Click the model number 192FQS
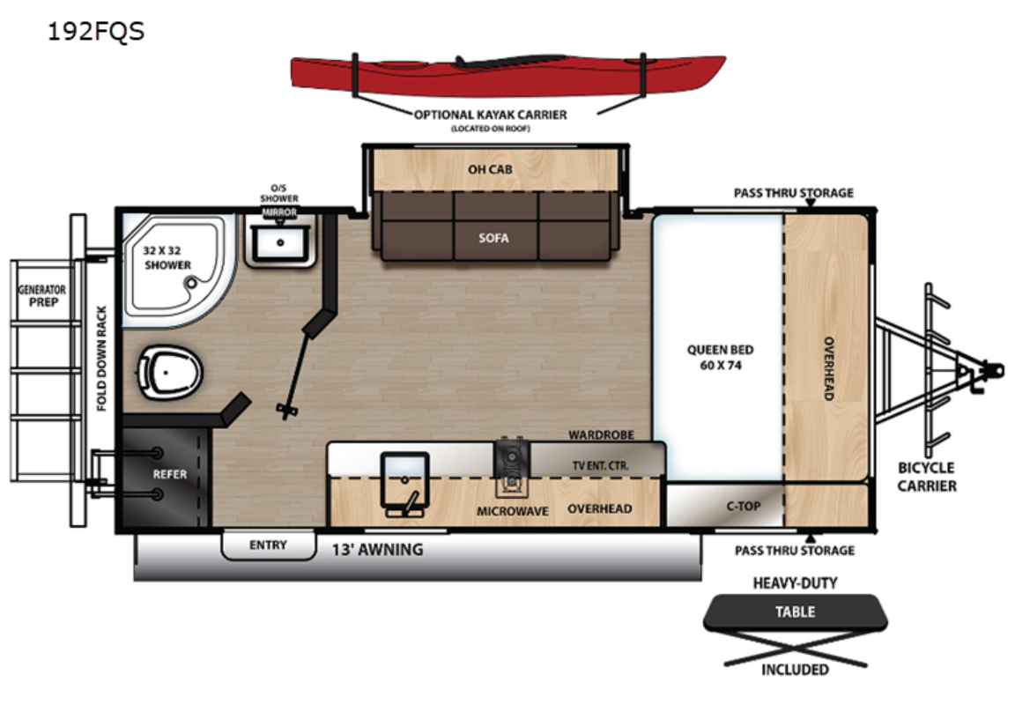96,33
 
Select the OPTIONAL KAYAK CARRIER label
491,115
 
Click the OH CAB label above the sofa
490,168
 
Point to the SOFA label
493,237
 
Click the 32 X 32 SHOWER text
167,256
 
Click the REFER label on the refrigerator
170,474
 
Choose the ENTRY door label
268,545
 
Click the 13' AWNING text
377,550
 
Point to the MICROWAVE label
513,511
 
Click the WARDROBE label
601,434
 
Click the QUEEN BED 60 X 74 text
720,356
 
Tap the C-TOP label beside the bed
743,506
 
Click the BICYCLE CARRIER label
927,477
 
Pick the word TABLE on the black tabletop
795,612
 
